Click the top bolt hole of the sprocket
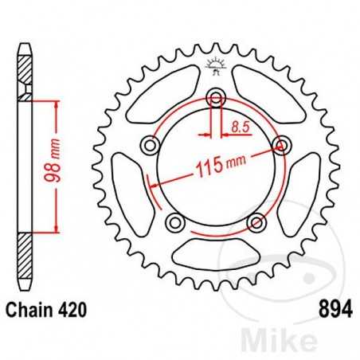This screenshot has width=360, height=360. point(215,98)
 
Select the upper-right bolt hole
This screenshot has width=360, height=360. point(280,144)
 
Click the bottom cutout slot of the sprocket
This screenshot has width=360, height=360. point(215,253)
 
